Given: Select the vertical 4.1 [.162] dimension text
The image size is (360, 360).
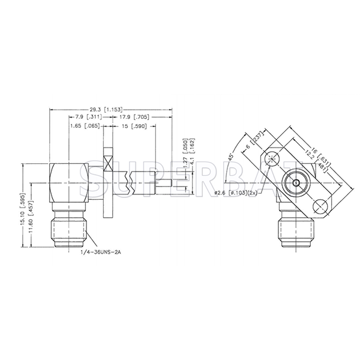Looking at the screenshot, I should point(193,150).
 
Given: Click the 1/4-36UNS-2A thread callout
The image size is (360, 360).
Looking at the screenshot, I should point(101,254).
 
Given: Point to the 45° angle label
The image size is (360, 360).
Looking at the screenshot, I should point(232,149).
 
